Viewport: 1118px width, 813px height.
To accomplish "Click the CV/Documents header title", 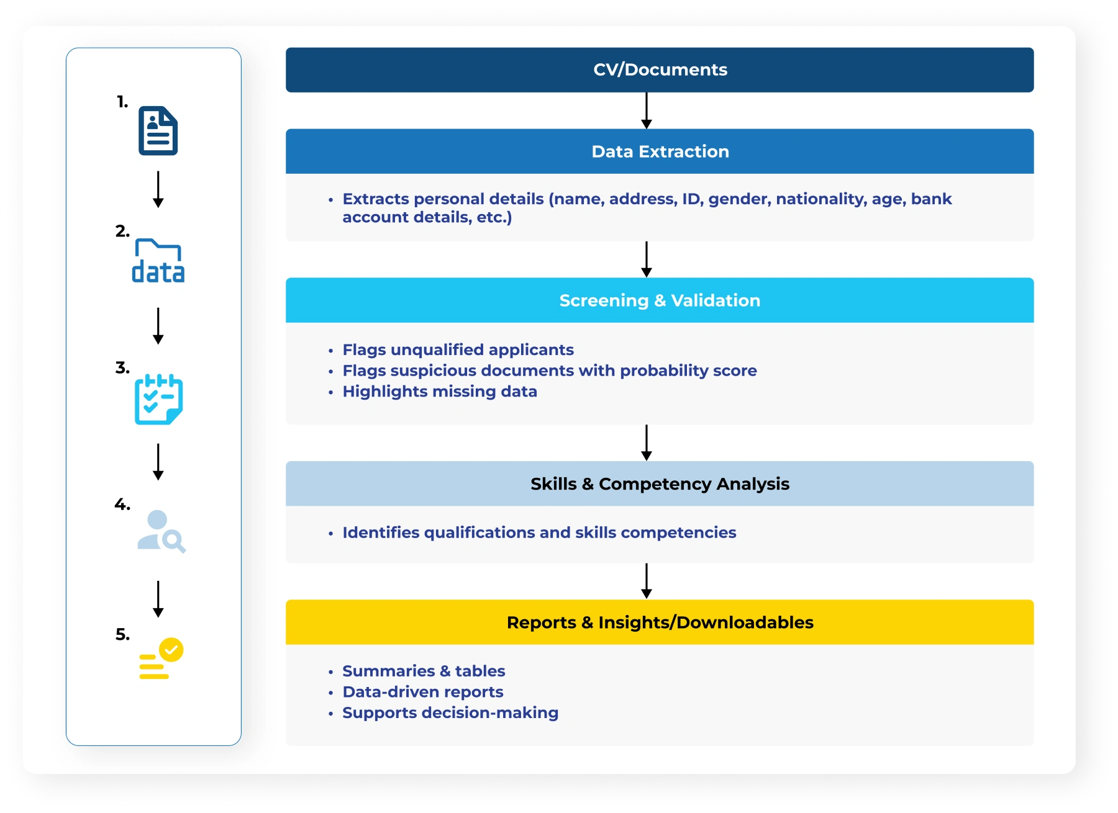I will tap(660, 70).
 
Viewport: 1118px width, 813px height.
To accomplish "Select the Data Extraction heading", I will tap(660, 151).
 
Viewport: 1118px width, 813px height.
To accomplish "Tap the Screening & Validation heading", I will tap(660, 300).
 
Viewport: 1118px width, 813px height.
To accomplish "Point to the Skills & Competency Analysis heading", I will tap(660, 484).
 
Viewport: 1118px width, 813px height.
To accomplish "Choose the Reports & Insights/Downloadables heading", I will tap(660, 622).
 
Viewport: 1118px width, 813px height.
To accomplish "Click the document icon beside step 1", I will tap(158, 131).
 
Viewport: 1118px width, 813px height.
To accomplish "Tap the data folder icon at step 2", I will tap(158, 261).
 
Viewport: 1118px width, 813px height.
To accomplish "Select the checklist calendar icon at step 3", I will tap(158, 399).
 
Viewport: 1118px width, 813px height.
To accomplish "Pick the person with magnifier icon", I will tap(161, 531).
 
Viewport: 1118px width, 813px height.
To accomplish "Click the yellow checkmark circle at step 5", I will tap(171, 650).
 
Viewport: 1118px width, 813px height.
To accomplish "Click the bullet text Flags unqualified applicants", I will tap(458, 350).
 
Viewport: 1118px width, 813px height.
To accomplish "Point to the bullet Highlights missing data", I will tap(440, 392).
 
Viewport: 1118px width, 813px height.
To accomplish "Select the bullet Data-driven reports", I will tap(422, 692).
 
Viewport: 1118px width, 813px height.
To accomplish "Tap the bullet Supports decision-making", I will tap(450, 712).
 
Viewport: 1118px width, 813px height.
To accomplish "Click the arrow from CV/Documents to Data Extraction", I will tap(647, 110).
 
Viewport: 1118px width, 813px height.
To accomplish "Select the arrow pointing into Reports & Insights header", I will tap(647, 581).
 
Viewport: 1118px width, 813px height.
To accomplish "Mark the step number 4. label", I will tap(122, 505).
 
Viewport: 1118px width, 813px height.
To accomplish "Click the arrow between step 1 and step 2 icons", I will tap(158, 189).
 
